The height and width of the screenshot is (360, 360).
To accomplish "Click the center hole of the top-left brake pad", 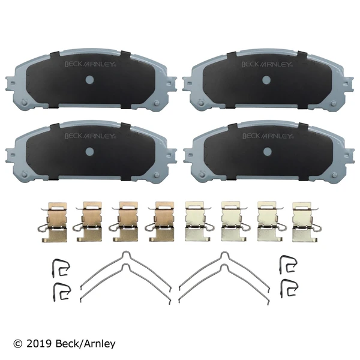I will (89, 80).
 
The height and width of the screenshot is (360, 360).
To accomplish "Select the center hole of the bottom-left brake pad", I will (89, 153).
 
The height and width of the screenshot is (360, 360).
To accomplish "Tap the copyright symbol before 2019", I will (17, 344).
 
